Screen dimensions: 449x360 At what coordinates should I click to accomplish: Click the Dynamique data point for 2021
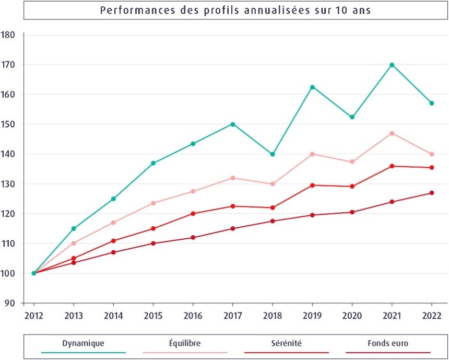pos(392,65)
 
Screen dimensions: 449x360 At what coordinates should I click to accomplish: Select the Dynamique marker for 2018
pos(273,154)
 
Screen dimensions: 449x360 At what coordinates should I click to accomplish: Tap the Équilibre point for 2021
pos(392,133)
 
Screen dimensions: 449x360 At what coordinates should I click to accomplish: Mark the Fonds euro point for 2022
pos(432,193)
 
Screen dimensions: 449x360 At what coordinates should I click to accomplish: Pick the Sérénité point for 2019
pos(312,185)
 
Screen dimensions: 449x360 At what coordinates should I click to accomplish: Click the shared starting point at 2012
pos(34,273)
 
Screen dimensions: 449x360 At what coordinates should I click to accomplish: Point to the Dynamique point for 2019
pos(312,87)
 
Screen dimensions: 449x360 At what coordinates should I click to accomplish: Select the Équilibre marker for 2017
pos(232,178)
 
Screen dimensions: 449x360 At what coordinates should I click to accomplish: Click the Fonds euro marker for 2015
pos(153,243)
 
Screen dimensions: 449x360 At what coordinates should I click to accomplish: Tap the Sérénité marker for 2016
pos(193,214)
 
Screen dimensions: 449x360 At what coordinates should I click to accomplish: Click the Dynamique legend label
pos(84,343)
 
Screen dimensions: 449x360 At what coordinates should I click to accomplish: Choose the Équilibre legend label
pos(185,343)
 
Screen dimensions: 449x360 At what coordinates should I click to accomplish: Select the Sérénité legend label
pos(286,343)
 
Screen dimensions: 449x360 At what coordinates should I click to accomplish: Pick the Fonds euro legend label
pos(388,343)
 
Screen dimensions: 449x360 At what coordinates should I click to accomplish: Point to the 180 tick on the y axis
pos(8,35)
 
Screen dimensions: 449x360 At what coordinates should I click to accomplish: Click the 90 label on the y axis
pos(10,303)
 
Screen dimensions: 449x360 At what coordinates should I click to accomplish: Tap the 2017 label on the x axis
pos(232,316)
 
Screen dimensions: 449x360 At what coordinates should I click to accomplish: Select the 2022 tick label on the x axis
pos(432,316)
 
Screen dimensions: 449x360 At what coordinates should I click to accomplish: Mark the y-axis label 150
pos(8,124)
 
